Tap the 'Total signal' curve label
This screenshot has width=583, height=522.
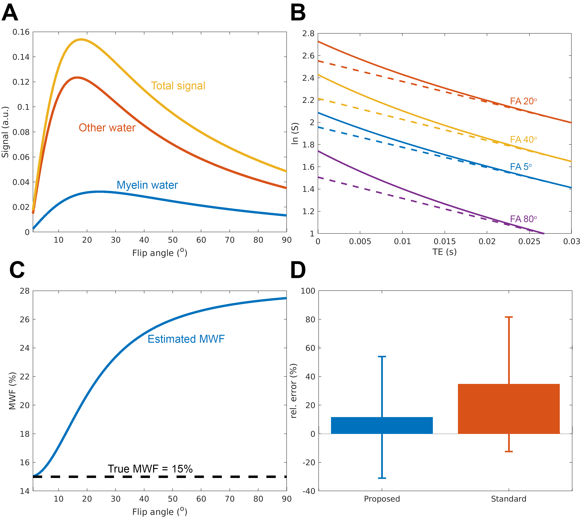pyautogui.click(x=178, y=86)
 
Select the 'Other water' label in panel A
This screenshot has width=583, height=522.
pyautogui.click(x=107, y=128)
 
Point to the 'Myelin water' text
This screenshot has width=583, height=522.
pyautogui.click(x=147, y=185)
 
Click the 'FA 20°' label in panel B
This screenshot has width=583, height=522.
pyautogui.click(x=523, y=101)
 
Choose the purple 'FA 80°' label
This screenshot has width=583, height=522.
pyautogui.click(x=523, y=219)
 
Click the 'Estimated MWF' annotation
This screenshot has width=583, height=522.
pyautogui.click(x=186, y=339)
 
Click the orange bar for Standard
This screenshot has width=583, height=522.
pyautogui.click(x=508, y=409)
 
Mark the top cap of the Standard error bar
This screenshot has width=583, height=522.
pyautogui.click(x=509, y=317)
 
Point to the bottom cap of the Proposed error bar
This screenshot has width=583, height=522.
pyautogui.click(x=382, y=478)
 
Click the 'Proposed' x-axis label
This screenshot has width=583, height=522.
pyautogui.click(x=382, y=499)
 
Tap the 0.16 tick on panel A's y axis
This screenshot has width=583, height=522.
pyautogui.click(x=21, y=32)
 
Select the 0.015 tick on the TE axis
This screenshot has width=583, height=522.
pyautogui.click(x=445, y=242)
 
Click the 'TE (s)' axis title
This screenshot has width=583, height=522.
pyautogui.click(x=444, y=252)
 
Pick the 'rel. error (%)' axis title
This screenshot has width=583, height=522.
pyautogui.click(x=294, y=391)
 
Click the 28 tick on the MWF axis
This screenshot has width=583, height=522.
pyautogui.click(x=25, y=291)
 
